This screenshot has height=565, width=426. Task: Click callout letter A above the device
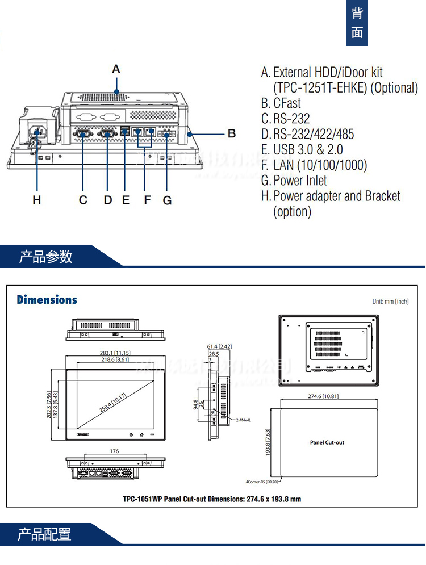pos(116,69)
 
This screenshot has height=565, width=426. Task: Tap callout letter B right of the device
pos(231,134)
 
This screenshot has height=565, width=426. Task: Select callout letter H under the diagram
pos(37,200)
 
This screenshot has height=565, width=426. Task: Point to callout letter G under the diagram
pos(167,200)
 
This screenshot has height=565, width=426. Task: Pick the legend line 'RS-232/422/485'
pos(313,135)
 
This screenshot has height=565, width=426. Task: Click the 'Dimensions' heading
pos(47,300)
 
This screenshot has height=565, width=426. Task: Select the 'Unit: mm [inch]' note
pos(390,302)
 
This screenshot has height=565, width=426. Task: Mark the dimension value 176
pos(115,451)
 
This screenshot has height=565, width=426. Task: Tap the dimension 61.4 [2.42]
pos(219,346)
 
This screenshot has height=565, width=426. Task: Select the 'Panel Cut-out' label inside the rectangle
pos(327,442)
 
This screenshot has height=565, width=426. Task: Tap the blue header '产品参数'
pos(46,257)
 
